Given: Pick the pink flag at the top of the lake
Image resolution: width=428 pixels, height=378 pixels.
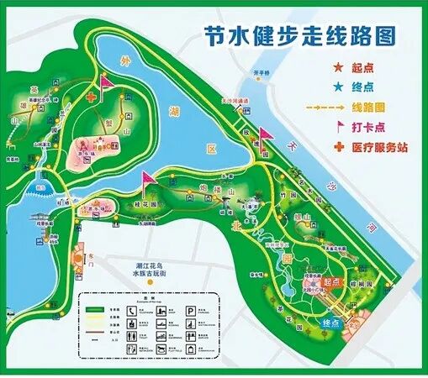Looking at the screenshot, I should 106,81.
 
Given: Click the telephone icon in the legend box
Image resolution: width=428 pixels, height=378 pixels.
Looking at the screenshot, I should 133,310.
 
